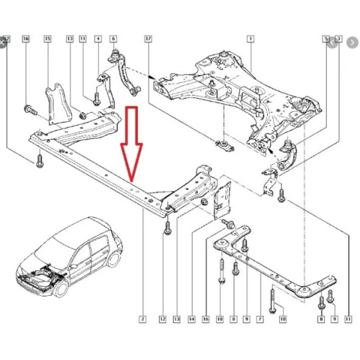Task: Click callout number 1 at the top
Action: [x=250, y=39]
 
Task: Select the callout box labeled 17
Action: [x=148, y=39]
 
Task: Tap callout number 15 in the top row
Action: [x=48, y=39]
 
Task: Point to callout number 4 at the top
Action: [x=98, y=39]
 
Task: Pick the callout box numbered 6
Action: [x=113, y=39]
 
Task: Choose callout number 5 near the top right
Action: [x=326, y=39]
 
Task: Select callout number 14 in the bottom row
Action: [x=192, y=319]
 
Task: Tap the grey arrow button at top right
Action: [x=333, y=43]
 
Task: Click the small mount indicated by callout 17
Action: [x=225, y=146]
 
